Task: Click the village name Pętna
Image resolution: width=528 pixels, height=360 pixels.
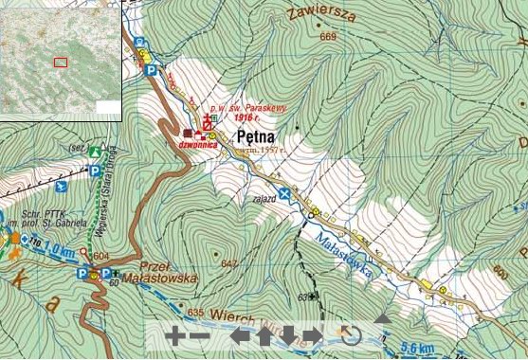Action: [x=256, y=137]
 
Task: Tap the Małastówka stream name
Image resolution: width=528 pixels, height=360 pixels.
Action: [x=349, y=249]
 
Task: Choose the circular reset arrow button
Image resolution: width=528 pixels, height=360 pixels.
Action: [x=350, y=335]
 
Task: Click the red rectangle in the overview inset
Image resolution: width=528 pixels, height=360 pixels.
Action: [x=61, y=63]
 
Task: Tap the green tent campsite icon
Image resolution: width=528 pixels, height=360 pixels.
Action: [x=95, y=151]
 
